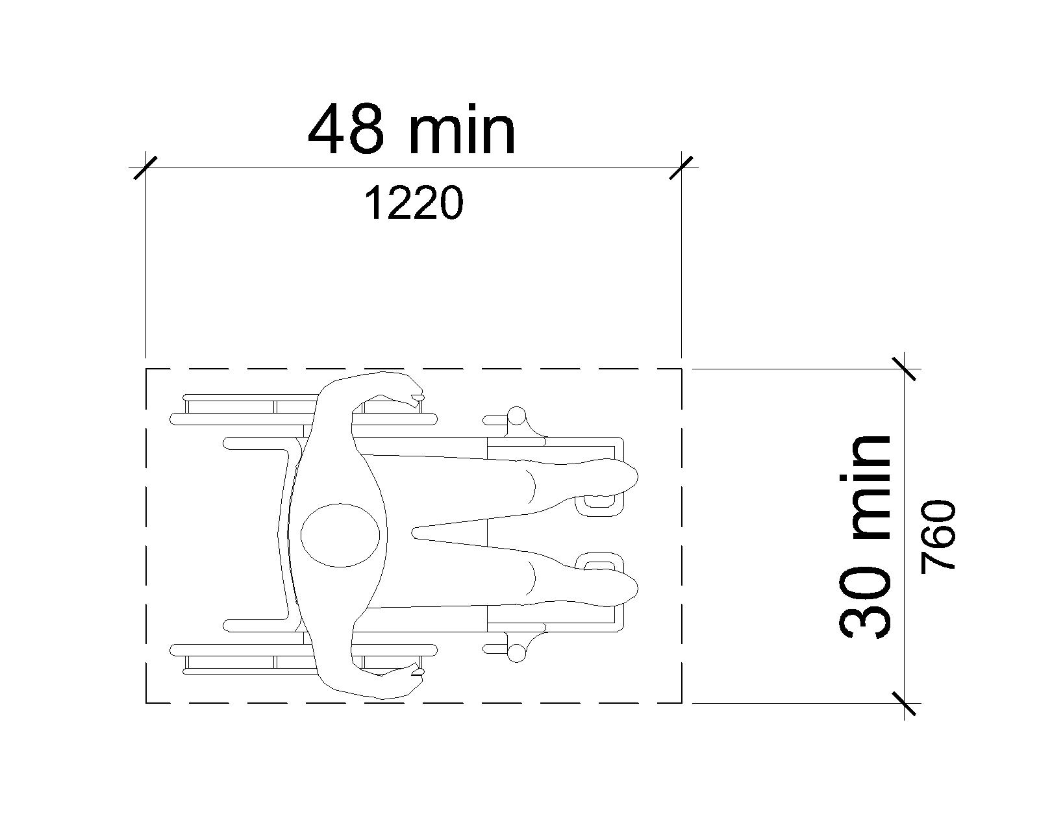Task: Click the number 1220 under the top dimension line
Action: coord(414,204)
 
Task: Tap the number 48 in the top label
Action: coord(346,130)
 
